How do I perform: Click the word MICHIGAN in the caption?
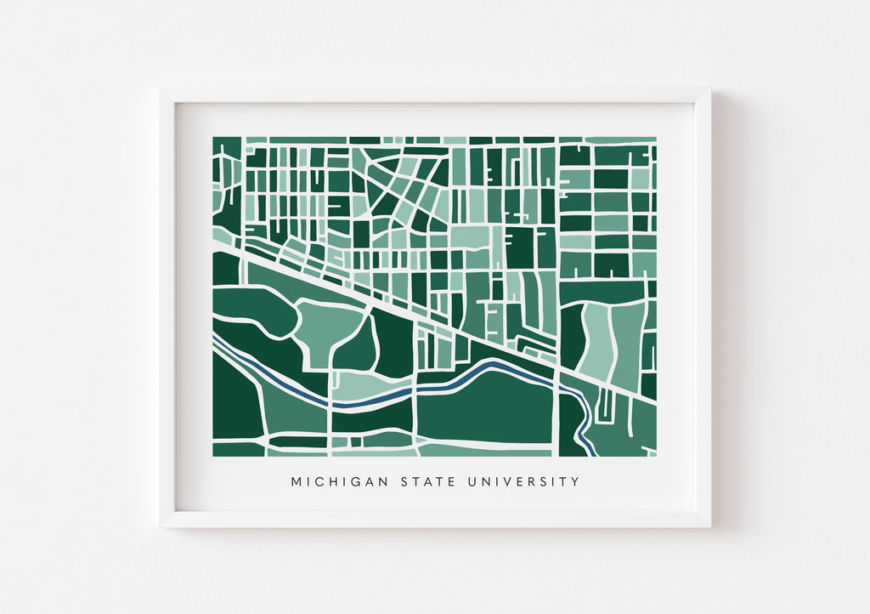pos(339,482)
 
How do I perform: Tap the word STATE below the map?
pos(427,482)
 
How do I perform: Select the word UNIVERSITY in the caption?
pos(523,482)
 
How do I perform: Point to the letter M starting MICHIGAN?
pos(297,482)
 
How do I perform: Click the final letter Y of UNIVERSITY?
pos(575,482)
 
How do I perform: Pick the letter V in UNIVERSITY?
pos(508,482)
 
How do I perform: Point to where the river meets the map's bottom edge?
pos(589,454)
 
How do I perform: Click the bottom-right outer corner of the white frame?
pos(710,526)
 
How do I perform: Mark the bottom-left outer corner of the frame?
pos(160,526)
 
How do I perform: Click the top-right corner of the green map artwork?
pos(656,138)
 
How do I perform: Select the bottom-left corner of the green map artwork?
pos(213,456)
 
